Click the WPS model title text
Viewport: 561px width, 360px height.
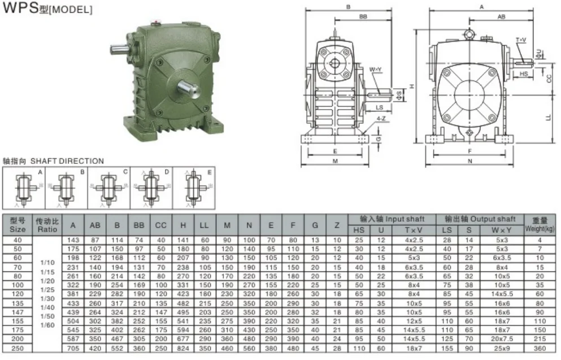[47, 8]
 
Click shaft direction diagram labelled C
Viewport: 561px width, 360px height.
[109, 188]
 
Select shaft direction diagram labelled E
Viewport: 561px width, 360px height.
[194, 188]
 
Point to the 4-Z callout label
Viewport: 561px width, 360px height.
[381, 119]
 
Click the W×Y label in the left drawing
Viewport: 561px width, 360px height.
[376, 70]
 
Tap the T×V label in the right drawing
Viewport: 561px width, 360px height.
[521, 40]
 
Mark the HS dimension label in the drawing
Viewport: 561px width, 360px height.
[524, 74]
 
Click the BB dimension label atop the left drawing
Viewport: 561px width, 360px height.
[363, 16]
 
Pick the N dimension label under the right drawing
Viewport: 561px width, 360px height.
[470, 161]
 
